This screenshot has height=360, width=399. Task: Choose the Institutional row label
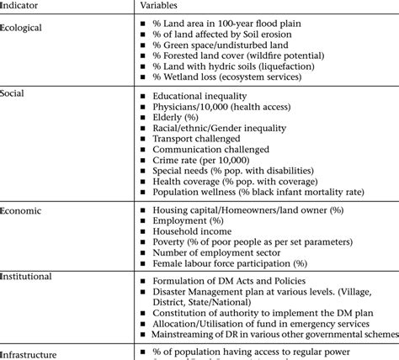(x=26, y=276)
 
